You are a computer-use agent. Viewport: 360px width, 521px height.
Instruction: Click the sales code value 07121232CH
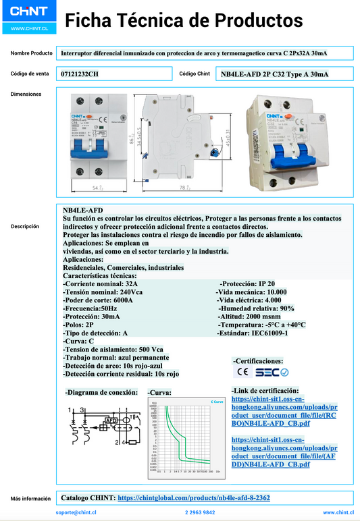[x=79, y=74]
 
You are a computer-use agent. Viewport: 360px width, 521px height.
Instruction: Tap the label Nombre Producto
[x=31, y=53]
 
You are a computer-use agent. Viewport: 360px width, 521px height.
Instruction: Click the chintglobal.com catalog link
[x=194, y=497]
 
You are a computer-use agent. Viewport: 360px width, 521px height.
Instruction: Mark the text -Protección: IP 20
[x=247, y=283]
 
